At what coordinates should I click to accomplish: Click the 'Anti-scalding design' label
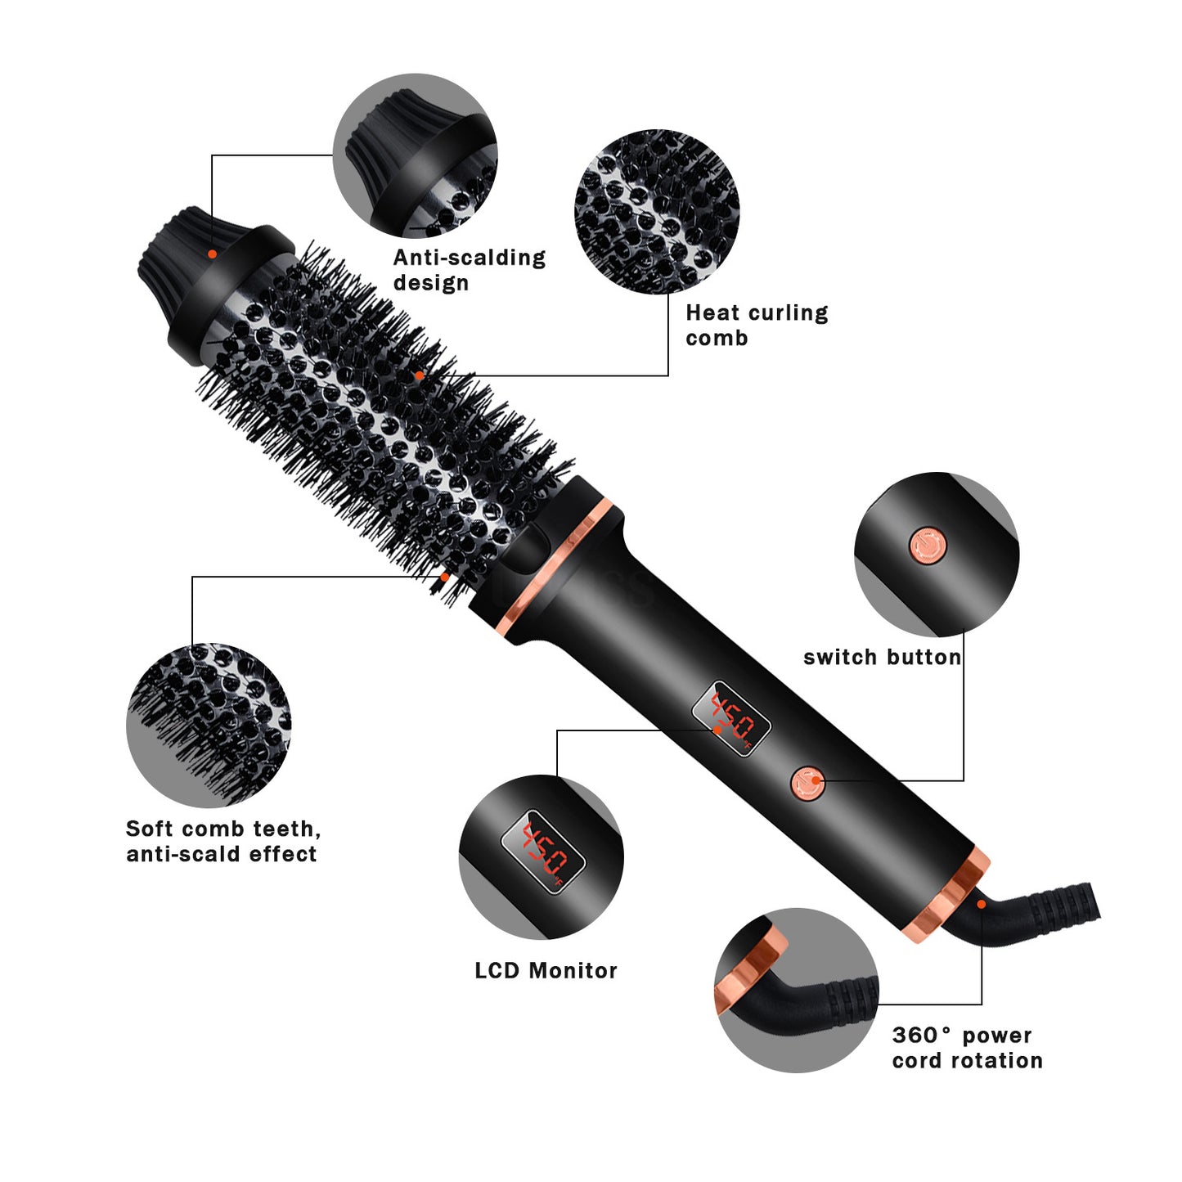(x=469, y=270)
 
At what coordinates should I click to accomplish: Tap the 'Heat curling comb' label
(x=757, y=325)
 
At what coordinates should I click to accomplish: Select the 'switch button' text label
(x=882, y=657)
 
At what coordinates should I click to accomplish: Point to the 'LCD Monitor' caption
(x=546, y=970)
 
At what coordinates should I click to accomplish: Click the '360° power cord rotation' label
(x=967, y=1048)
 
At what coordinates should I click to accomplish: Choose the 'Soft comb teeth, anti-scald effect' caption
(x=222, y=841)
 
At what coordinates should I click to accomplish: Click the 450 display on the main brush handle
(x=731, y=718)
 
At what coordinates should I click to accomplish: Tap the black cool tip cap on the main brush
(x=176, y=249)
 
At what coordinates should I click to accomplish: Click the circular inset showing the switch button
(x=937, y=554)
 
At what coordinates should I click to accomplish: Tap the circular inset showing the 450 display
(x=541, y=856)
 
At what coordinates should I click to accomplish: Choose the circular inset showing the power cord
(x=796, y=990)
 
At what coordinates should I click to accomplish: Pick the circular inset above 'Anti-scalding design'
(x=415, y=155)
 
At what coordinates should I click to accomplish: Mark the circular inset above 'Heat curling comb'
(x=657, y=211)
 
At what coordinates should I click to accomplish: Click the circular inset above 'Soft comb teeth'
(x=209, y=725)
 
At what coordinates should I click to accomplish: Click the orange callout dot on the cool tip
(x=212, y=254)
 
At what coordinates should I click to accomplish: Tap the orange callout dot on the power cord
(x=981, y=904)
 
